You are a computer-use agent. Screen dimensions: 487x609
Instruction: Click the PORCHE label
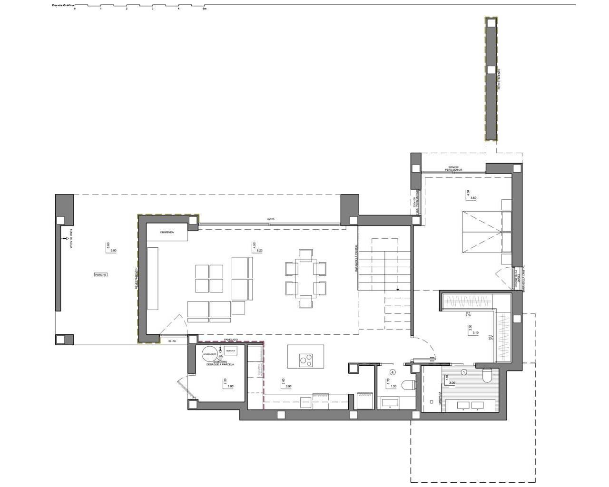[x=100, y=275]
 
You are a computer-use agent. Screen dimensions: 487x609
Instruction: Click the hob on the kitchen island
[x=305, y=360]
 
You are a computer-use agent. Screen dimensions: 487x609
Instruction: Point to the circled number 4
[x=392, y=372]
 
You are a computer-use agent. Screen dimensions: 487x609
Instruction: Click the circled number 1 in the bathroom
[x=464, y=372]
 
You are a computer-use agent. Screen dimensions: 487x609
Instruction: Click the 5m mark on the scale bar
[x=204, y=9]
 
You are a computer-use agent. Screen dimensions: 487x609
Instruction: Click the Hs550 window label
[x=270, y=219]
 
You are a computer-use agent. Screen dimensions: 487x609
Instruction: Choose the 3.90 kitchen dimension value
[x=288, y=387]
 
